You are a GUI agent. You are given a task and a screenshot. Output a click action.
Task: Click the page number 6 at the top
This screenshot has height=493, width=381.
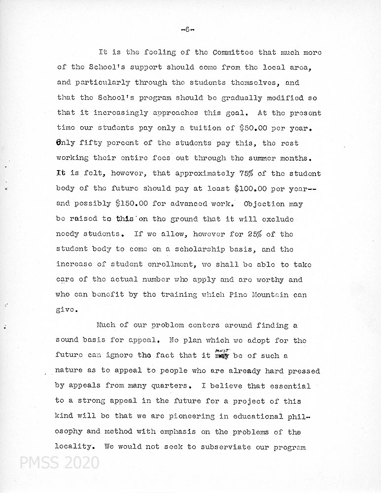click(x=188, y=29)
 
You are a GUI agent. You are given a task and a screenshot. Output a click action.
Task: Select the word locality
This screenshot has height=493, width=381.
click(x=75, y=447)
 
